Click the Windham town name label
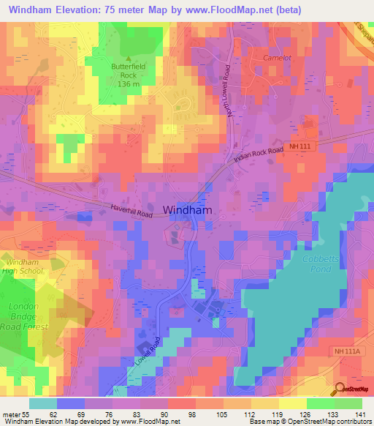188,209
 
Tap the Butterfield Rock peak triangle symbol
129,59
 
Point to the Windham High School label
25,266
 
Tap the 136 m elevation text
129,83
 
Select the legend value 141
360,414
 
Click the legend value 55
30,414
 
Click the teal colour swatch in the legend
43,403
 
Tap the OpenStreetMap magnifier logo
341,389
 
